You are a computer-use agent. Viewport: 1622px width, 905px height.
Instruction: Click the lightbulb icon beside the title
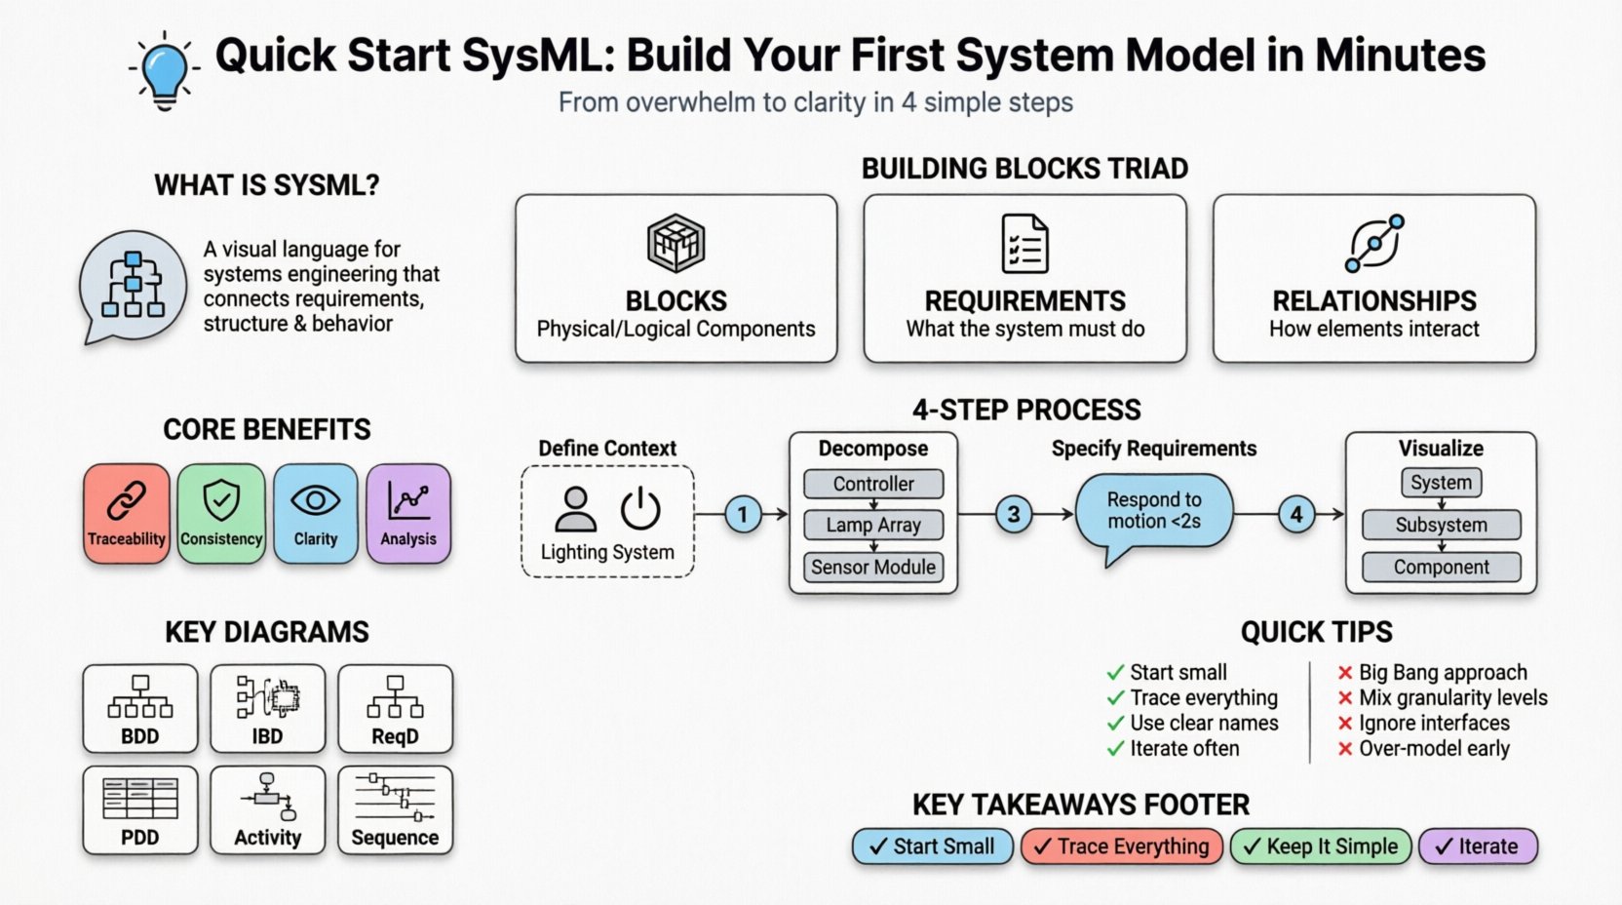tap(164, 70)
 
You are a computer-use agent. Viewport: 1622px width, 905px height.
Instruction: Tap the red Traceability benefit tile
tap(127, 514)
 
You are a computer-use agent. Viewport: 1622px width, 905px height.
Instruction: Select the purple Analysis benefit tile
tap(408, 514)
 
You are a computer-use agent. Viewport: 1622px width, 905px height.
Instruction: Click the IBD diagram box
tap(267, 709)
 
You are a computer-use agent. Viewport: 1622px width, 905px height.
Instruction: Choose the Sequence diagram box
tap(395, 809)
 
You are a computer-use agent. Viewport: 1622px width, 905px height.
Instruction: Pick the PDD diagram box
tap(140, 809)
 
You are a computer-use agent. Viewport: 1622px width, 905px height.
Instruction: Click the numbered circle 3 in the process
tap(1014, 514)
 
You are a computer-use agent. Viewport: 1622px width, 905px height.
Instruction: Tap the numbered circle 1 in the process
tap(743, 514)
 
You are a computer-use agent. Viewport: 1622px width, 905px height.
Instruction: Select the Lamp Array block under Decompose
tap(873, 525)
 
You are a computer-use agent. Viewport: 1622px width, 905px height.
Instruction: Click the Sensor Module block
tap(873, 567)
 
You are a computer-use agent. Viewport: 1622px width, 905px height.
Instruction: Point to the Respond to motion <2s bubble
tap(1154, 511)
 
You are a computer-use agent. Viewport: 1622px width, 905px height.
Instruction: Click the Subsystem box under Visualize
tap(1441, 525)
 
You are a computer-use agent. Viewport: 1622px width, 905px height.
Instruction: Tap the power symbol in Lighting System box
tap(640, 508)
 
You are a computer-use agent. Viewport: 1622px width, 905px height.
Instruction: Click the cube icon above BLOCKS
tap(676, 243)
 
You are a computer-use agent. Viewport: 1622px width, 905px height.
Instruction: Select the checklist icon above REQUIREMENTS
tap(1024, 244)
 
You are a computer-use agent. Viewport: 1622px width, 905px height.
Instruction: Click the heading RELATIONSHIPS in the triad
tap(1373, 300)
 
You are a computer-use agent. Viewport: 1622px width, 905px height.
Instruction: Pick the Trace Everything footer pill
tap(1121, 846)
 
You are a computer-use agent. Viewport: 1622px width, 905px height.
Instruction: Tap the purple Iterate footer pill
tap(1478, 846)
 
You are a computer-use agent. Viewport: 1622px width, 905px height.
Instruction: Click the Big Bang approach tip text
tap(1443, 672)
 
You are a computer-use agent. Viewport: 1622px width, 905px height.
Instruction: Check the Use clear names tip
tap(1203, 723)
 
